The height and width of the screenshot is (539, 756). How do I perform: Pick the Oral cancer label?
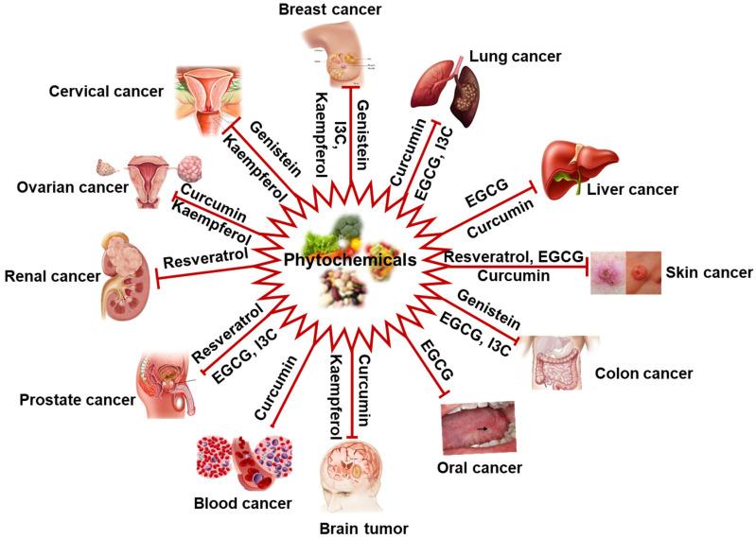[483, 466]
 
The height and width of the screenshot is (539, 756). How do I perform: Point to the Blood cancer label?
[243, 502]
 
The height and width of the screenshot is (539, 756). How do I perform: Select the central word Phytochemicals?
[351, 259]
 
